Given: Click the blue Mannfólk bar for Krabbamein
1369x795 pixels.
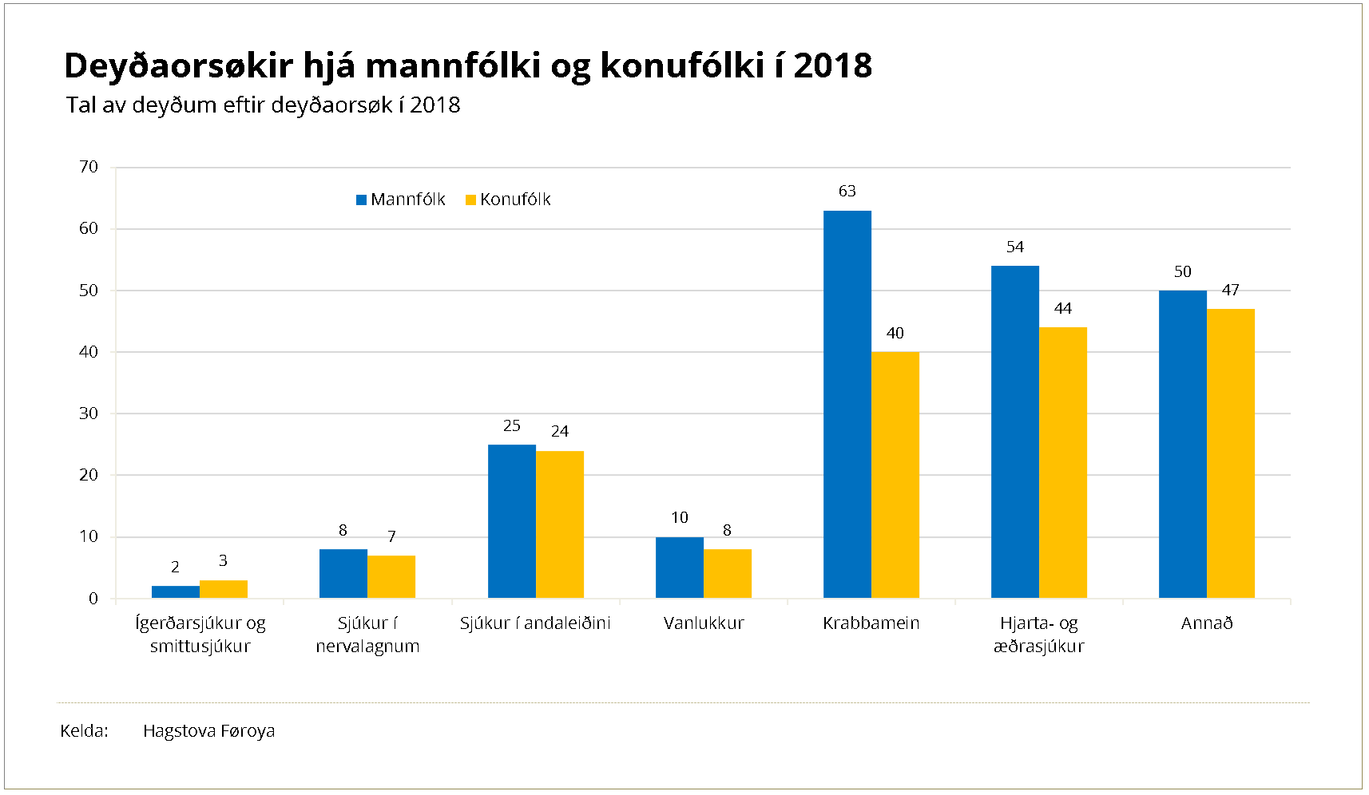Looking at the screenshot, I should pyautogui.click(x=847, y=404).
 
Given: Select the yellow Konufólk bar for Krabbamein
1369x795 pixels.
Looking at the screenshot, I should pyautogui.click(x=895, y=475).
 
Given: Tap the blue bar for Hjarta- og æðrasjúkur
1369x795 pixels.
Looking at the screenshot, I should pyautogui.click(x=1015, y=432).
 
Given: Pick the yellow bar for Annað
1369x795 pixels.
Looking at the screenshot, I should pyautogui.click(x=1231, y=453).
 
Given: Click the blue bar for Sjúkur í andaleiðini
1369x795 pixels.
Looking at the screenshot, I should pyautogui.click(x=512, y=521).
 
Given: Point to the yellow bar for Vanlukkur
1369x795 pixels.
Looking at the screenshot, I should pyautogui.click(x=728, y=573).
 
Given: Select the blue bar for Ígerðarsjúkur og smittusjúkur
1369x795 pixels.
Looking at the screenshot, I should pyautogui.click(x=176, y=592).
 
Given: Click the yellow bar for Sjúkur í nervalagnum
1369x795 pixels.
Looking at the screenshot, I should pyautogui.click(x=391, y=576).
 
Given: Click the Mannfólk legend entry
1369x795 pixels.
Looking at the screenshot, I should pyautogui.click(x=400, y=200).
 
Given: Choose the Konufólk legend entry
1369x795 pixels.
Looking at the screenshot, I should pyautogui.click(x=509, y=200).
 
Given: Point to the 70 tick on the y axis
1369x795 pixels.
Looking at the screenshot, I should pyautogui.click(x=89, y=167).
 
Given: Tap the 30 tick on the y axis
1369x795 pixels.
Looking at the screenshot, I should pyautogui.click(x=89, y=413).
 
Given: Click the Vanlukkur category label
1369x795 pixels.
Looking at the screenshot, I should pyautogui.click(x=704, y=623).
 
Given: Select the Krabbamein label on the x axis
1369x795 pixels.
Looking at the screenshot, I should pyautogui.click(x=871, y=623).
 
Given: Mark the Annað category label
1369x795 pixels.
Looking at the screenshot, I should pyautogui.click(x=1207, y=623).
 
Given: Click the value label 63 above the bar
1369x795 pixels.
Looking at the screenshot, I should pyautogui.click(x=847, y=192).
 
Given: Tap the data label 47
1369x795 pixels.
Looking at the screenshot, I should pyautogui.click(x=1231, y=291).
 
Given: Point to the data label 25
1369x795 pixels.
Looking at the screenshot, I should pyautogui.click(x=512, y=426).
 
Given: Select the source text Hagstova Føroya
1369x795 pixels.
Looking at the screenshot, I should pyautogui.click(x=208, y=731).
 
